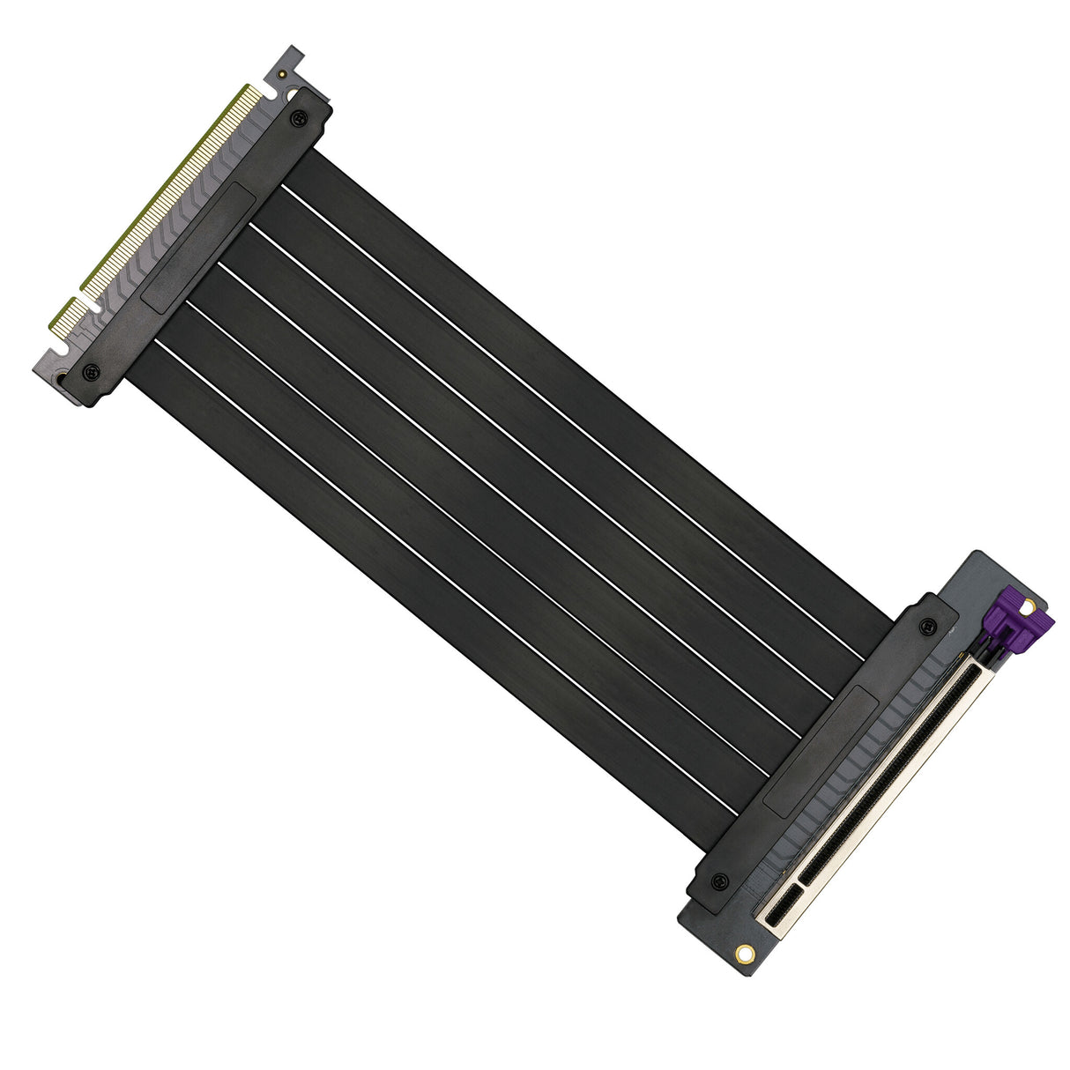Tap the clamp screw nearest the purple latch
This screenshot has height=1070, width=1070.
[x=926, y=626]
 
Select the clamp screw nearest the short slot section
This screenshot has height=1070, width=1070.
[x=720, y=881]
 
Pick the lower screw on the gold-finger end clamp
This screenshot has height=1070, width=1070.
[x=90, y=371]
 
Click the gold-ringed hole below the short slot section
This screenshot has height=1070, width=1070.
[x=745, y=953]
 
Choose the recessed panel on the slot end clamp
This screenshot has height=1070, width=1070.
[x=821, y=751]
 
